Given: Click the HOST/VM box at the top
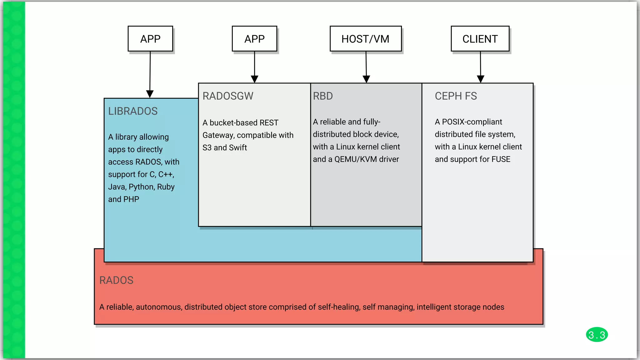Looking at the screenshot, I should point(365,39).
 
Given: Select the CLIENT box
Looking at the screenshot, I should point(480,39).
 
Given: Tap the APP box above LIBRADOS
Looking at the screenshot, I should point(150,39).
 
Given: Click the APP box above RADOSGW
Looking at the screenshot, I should point(254,39).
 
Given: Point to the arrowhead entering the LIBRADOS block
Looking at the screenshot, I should point(150,94).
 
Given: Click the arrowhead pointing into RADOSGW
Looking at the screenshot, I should point(255,79).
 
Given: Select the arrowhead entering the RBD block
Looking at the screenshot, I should point(366,79).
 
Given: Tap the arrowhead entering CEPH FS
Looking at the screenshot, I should point(481,79).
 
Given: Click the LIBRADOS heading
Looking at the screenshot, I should point(133,111).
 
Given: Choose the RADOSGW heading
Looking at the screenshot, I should point(228,96).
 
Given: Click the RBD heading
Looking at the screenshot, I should point(323,96).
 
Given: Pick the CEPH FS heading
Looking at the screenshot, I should point(456,96).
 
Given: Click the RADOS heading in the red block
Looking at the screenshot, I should point(116,280).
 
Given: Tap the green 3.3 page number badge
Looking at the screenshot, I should point(597,335).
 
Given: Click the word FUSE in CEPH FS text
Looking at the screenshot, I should point(501,159).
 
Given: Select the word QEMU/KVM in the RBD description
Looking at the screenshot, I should point(356,159).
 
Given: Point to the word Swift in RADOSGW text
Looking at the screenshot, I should point(238,147).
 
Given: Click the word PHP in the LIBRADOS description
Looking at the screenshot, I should point(131,199).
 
